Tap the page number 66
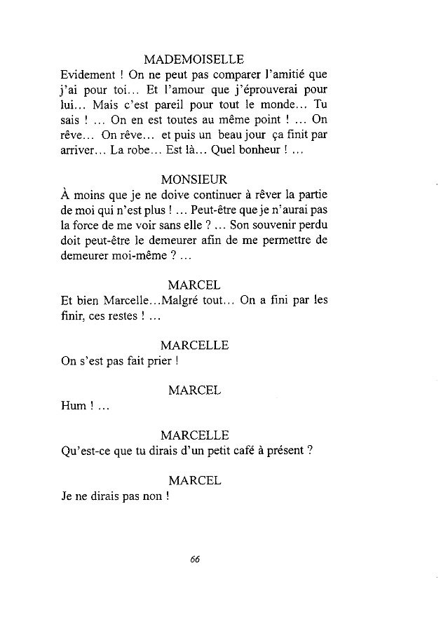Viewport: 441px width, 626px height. pyautogui.click(x=195, y=559)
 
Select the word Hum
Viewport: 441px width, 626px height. pyautogui.click(x=72, y=406)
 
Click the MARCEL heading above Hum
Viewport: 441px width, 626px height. pyautogui.click(x=195, y=390)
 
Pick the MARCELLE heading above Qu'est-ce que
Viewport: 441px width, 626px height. pyautogui.click(x=195, y=435)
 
